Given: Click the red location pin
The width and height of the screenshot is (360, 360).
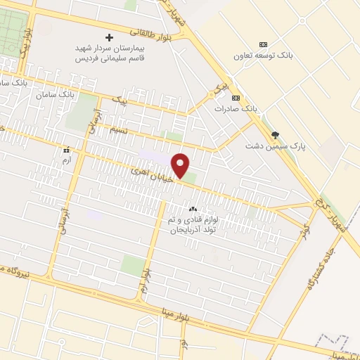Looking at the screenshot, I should click(181, 165).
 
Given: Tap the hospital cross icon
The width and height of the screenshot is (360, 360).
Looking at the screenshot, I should click(109, 37).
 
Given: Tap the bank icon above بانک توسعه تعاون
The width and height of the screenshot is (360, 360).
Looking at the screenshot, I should click(263, 44).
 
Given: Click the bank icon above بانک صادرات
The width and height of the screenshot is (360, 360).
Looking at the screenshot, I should click(236, 98).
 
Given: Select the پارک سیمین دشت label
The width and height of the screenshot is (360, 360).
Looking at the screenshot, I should click(269, 146).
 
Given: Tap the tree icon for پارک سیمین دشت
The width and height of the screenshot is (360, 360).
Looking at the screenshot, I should click(274, 135).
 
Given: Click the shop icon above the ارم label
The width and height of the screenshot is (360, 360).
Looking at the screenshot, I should click(67, 150).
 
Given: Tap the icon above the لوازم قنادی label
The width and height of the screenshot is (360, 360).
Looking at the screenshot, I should click(193, 209).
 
